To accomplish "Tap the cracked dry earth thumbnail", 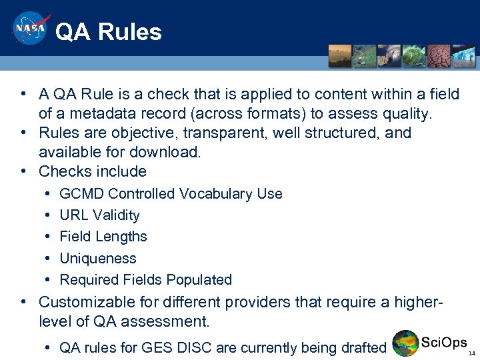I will click(x=438, y=56).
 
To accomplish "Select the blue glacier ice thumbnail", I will click(x=463, y=56).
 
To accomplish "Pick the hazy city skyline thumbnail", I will click(x=340, y=56).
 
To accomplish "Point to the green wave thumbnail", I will click(x=413, y=56).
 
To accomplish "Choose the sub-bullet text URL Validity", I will click(x=99, y=215).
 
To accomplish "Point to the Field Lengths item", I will click(x=103, y=237).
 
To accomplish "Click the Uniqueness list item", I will click(x=98, y=259).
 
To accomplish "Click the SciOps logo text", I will click(x=444, y=343).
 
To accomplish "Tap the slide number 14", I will click(x=471, y=353).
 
